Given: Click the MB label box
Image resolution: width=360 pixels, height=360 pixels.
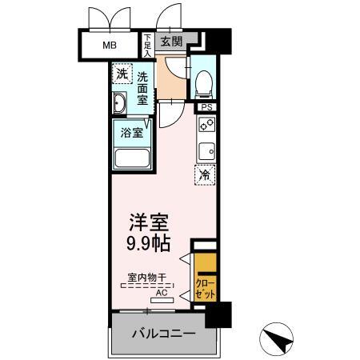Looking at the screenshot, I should pyautogui.click(x=108, y=45).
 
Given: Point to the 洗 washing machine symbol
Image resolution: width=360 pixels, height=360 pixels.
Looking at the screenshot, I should pyautogui.click(x=121, y=74).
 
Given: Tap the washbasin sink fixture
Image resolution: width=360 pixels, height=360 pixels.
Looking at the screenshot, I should pyautogui.click(x=120, y=104).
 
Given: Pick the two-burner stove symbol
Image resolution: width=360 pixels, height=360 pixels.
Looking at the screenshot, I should pyautogui.click(x=206, y=125).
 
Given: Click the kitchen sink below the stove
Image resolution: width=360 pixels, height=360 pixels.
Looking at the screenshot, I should pyautogui.click(x=206, y=151).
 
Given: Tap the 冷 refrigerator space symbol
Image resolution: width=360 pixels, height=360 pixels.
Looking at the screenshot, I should pyautogui.click(x=205, y=174).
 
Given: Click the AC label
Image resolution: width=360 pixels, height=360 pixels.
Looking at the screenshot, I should pyautogui.click(x=161, y=292).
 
